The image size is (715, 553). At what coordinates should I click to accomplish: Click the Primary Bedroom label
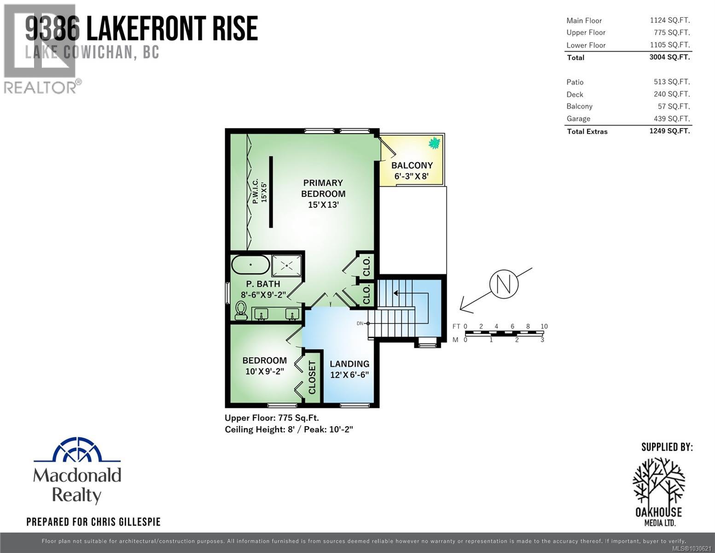(x=323, y=194)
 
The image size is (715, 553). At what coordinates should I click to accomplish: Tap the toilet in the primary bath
(x=241, y=311)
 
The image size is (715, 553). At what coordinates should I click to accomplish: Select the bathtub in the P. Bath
(x=250, y=265)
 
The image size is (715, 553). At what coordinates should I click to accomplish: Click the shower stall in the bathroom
(x=287, y=266)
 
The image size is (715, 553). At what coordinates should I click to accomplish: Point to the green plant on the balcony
(x=434, y=143)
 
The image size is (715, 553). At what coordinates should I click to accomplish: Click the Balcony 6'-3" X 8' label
(x=412, y=171)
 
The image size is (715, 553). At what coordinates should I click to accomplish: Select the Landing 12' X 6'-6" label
(x=349, y=369)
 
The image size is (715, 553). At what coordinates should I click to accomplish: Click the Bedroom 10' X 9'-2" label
(x=264, y=365)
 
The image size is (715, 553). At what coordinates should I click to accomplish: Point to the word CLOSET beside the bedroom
(x=312, y=377)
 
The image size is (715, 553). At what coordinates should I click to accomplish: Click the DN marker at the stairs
(x=360, y=324)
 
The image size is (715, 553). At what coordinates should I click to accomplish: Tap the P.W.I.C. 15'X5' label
(x=259, y=191)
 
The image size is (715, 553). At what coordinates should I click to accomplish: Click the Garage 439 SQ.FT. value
(x=672, y=118)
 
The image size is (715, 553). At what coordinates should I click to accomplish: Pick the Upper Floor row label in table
(x=586, y=32)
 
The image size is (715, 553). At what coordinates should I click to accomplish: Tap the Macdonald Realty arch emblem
(x=77, y=450)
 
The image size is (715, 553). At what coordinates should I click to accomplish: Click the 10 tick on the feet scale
(x=544, y=326)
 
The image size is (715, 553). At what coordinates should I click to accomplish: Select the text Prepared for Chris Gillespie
(x=93, y=522)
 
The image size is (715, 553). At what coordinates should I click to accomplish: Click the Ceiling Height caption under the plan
(x=289, y=429)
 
